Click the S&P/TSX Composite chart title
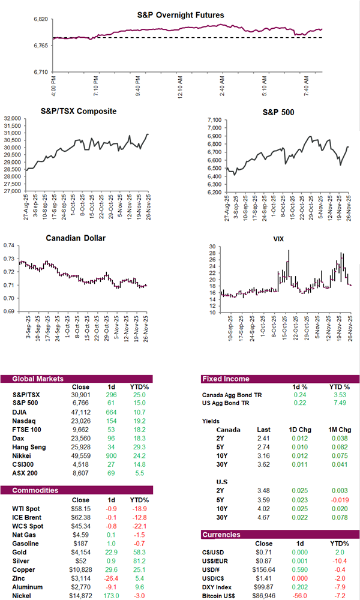(79, 111)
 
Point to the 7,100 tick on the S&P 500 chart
(214, 120)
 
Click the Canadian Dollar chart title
(76, 238)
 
